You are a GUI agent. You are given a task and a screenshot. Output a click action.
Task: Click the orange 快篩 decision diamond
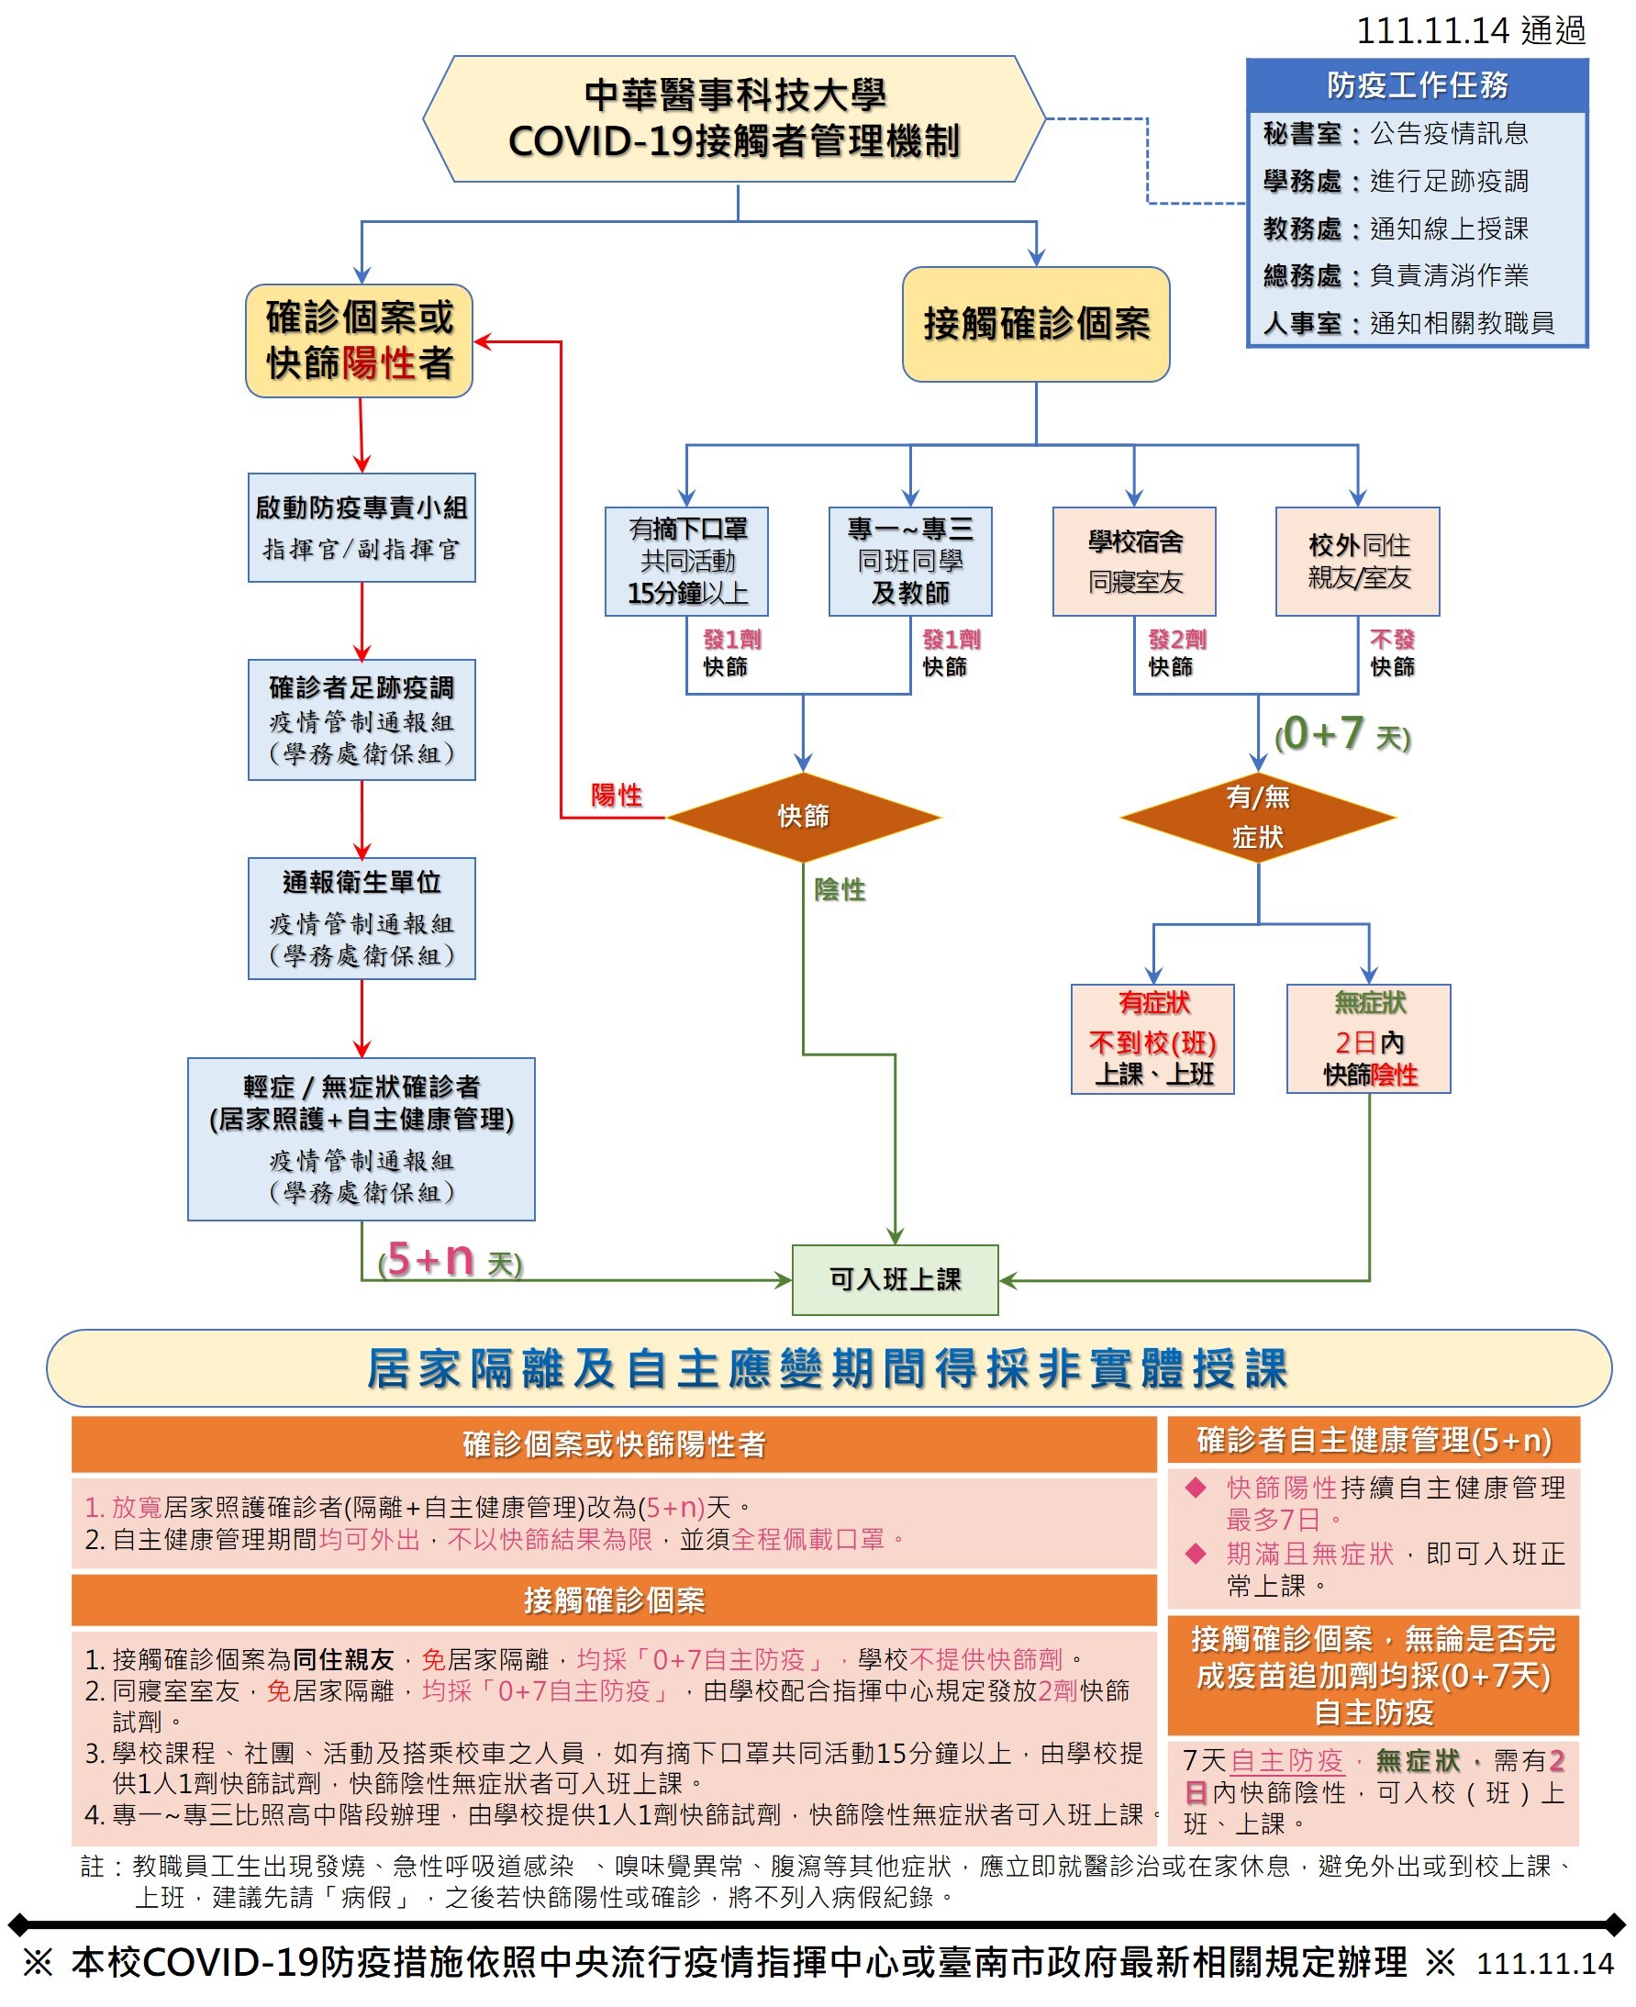tap(803, 817)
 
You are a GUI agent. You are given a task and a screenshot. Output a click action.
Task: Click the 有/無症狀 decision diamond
tap(1257, 817)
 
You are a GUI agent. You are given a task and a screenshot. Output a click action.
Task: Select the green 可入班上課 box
tap(895, 1279)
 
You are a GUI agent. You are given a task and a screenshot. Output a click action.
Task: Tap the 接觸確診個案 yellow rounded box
tap(1036, 323)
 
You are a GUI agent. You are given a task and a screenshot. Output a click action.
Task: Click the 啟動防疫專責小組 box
tap(361, 527)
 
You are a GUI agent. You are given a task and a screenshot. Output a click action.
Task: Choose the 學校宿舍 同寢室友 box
tap(1134, 561)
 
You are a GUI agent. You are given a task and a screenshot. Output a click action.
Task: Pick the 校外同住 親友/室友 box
tap(1357, 561)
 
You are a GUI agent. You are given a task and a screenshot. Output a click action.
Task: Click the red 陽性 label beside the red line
tap(617, 795)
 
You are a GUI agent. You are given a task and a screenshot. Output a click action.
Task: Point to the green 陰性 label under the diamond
tap(840, 889)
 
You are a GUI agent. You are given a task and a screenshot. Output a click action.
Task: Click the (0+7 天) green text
tap(1342, 733)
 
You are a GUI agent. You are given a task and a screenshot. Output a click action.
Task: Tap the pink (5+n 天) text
tap(450, 1259)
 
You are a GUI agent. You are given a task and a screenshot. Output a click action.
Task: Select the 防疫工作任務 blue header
tap(1417, 85)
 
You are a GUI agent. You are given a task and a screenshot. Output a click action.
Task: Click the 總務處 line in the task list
tap(1395, 275)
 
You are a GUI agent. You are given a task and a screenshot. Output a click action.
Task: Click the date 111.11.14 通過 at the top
tap(1470, 31)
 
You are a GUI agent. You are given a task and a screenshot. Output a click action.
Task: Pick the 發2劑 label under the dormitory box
tap(1176, 639)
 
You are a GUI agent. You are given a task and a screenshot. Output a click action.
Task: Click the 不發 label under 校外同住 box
tap(1391, 639)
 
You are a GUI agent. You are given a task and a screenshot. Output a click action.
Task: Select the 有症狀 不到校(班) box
tap(1152, 1039)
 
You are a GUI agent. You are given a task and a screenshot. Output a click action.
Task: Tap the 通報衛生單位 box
tap(361, 918)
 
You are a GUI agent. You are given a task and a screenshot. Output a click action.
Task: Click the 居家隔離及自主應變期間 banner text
tap(827, 1368)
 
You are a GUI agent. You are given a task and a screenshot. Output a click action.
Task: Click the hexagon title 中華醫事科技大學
tap(734, 95)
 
